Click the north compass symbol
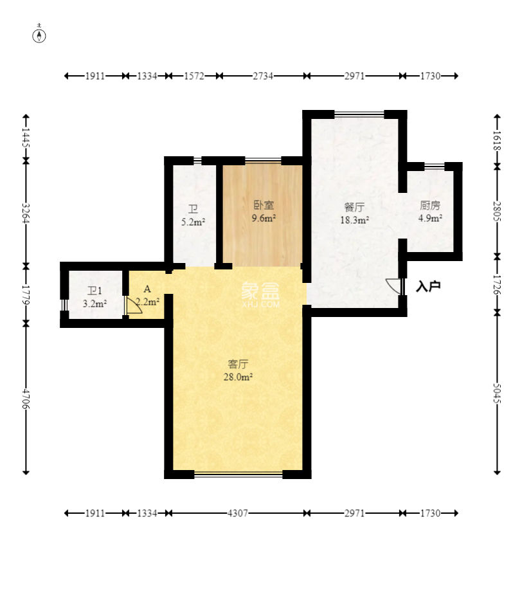(x=39, y=35)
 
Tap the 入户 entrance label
(x=428, y=287)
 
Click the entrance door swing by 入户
(x=393, y=286)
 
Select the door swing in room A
(x=134, y=306)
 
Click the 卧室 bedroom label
(x=264, y=205)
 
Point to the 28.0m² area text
(x=238, y=377)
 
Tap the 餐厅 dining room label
(x=354, y=207)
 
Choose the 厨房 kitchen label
(x=430, y=205)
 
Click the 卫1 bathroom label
(x=94, y=291)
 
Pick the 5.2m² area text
(x=193, y=222)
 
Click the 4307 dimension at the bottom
(x=238, y=512)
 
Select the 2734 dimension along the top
(x=263, y=76)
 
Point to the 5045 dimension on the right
(x=497, y=394)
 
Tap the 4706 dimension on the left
(x=26, y=398)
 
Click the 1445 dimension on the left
(x=26, y=137)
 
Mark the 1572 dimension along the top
(x=194, y=76)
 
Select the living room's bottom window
(x=239, y=475)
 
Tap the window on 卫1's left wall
(x=64, y=305)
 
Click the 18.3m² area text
(x=354, y=220)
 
